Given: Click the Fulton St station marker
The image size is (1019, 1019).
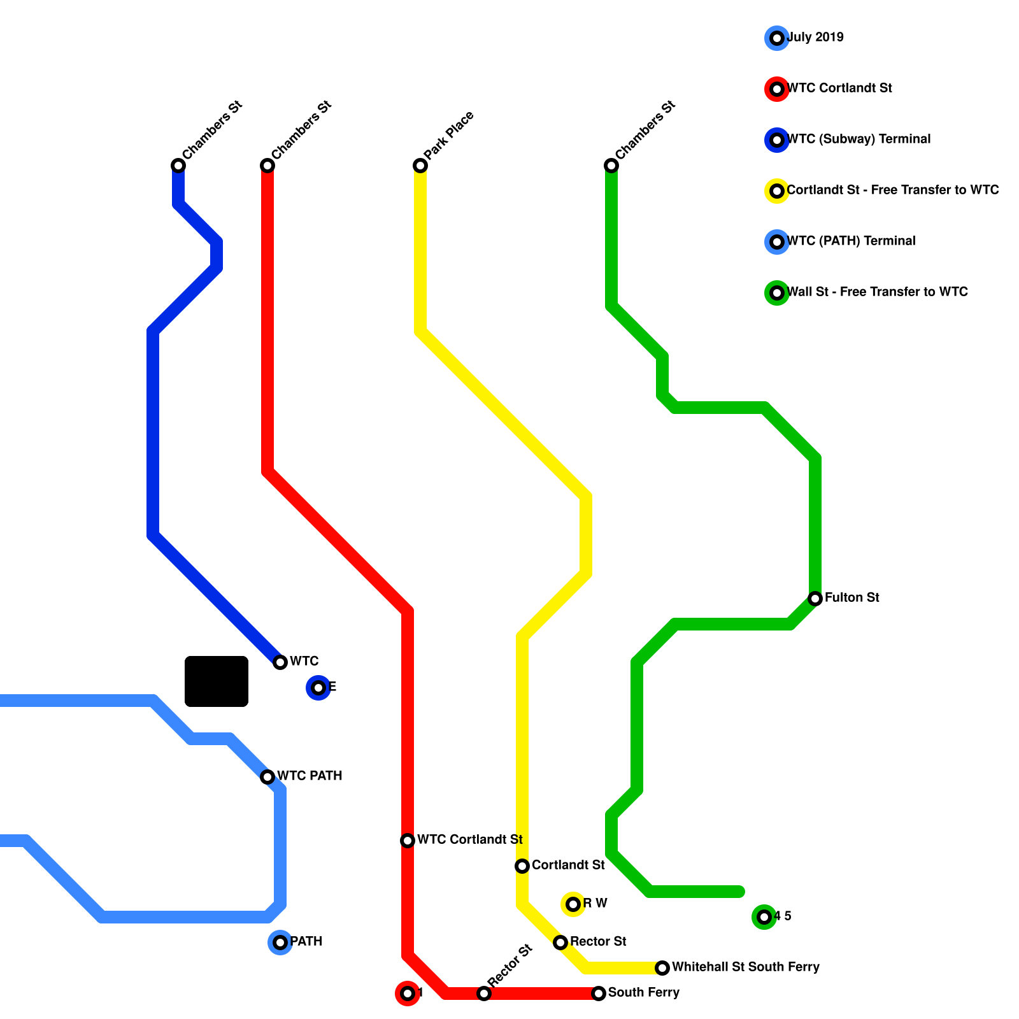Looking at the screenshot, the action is click(815, 598).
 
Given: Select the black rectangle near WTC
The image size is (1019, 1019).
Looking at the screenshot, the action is click(217, 681).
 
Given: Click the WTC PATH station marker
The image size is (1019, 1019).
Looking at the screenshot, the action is click(267, 776).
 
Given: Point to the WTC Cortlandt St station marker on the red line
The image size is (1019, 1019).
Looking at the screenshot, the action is click(408, 840).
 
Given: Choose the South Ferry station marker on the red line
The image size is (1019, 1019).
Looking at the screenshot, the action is click(599, 993).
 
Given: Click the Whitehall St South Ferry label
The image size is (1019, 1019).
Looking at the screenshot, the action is click(745, 967).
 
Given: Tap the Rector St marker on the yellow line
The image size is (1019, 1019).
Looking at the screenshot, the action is click(560, 942).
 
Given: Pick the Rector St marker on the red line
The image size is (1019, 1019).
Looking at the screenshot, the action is click(484, 993).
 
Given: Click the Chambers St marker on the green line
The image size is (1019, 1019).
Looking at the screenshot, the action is click(611, 166).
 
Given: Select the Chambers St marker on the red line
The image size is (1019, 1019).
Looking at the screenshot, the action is click(267, 166).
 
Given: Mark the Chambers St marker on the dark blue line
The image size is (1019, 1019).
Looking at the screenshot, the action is click(178, 166).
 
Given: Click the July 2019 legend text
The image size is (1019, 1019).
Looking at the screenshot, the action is click(815, 37).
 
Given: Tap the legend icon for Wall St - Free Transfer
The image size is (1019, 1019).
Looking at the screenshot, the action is click(777, 292).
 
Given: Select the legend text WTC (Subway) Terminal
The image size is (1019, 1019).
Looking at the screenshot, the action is click(859, 139).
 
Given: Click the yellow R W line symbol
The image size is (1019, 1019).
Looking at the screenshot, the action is click(573, 904).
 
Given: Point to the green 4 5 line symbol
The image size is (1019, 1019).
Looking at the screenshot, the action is click(764, 916).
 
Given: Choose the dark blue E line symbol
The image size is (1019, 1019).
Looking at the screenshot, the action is click(318, 687).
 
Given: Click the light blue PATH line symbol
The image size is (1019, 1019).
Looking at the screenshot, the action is click(280, 942).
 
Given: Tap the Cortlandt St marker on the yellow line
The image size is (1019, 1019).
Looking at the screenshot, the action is click(522, 866).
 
